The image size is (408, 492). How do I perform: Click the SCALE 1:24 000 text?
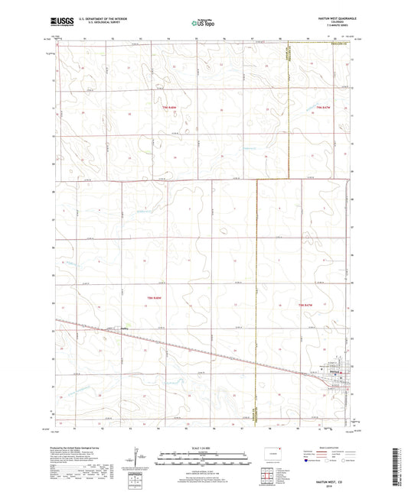point(203,447)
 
